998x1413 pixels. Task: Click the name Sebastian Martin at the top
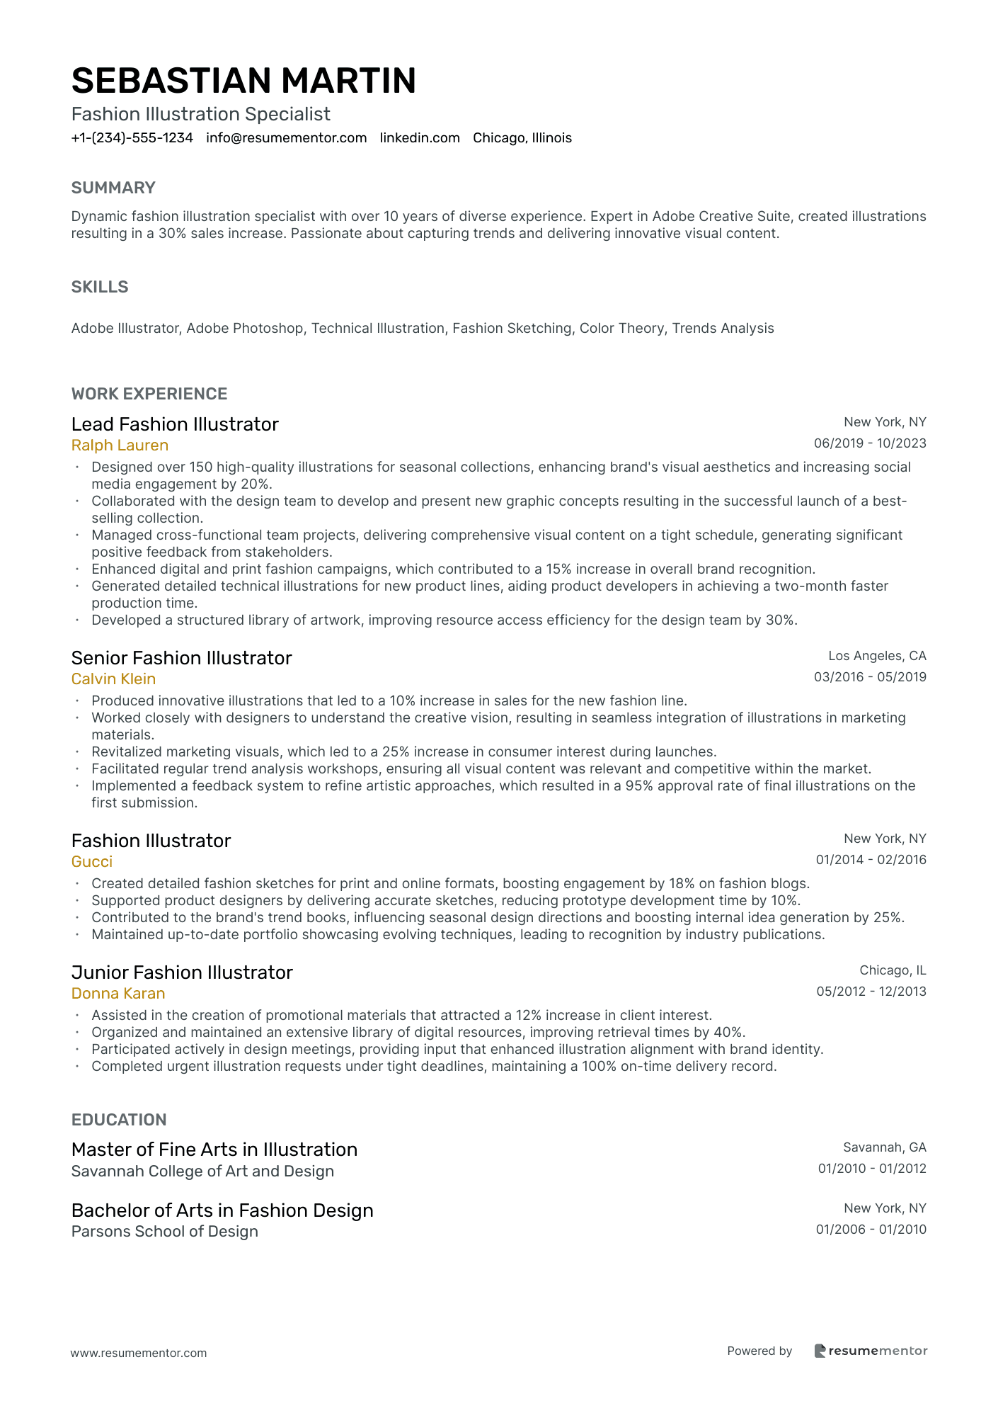243,81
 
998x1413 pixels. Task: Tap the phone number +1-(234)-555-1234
132,138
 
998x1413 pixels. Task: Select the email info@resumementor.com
286,138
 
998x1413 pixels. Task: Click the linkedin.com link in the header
420,138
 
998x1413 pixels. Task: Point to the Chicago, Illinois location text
522,138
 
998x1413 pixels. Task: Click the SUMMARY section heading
113,188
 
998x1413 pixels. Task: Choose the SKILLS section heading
100,287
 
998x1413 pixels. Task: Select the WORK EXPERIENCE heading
149,394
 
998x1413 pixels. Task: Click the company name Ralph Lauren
120,446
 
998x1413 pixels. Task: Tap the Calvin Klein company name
113,679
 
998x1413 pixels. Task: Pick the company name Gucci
92,862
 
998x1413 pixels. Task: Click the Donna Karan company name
118,994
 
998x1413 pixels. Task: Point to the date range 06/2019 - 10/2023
870,443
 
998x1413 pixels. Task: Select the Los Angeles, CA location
877,656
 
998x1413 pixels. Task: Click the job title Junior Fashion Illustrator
182,972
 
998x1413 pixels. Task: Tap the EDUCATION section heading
119,1120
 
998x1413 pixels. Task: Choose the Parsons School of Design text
164,1232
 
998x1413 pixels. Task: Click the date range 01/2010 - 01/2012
872,1169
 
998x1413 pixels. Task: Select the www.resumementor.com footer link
139,1353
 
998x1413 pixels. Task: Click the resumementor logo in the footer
870,1351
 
